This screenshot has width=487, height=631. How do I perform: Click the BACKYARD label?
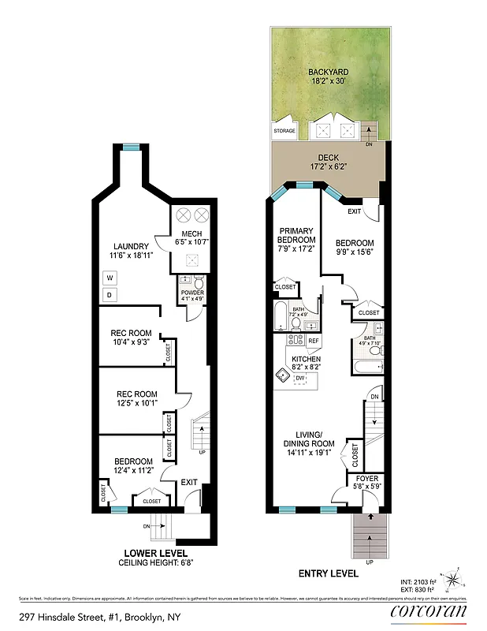(x=328, y=73)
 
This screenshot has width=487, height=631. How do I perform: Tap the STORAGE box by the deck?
(x=284, y=131)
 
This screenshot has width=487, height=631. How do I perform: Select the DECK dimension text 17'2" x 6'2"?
(x=328, y=166)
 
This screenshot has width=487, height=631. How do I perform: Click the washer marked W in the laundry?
(x=110, y=278)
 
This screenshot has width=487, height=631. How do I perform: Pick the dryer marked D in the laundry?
(x=110, y=295)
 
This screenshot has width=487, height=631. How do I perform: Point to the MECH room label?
(x=191, y=234)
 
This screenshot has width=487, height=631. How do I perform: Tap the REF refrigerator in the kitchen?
(x=314, y=341)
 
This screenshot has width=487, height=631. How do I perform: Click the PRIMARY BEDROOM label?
(x=296, y=236)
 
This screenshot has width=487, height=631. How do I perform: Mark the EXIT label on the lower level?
(x=189, y=482)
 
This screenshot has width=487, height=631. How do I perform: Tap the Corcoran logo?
(x=429, y=610)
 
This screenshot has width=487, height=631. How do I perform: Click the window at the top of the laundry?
(x=131, y=146)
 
